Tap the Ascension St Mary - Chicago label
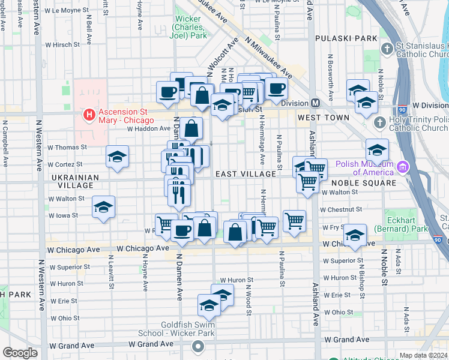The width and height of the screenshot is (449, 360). (x=126, y=113)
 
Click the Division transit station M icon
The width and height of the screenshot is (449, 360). (x=314, y=103)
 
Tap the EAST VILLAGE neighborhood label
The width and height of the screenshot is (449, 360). (x=246, y=174)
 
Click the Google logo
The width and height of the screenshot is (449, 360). (x=20, y=353)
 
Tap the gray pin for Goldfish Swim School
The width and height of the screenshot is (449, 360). (x=198, y=346)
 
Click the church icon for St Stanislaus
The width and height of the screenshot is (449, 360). (x=387, y=48)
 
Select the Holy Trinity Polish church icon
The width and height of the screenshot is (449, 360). (x=379, y=122)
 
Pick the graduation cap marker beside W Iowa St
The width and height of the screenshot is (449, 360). (x=104, y=207)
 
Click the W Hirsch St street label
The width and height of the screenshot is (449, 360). (x=62, y=44)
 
